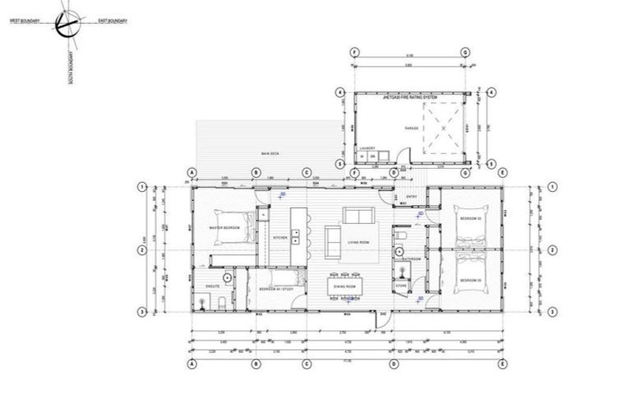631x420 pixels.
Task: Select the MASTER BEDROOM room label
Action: (223, 228)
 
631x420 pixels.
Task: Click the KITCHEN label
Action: (279, 239)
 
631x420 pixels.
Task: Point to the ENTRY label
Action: (412, 197)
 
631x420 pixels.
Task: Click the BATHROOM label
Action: (411, 259)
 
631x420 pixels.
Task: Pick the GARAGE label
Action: (411, 129)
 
